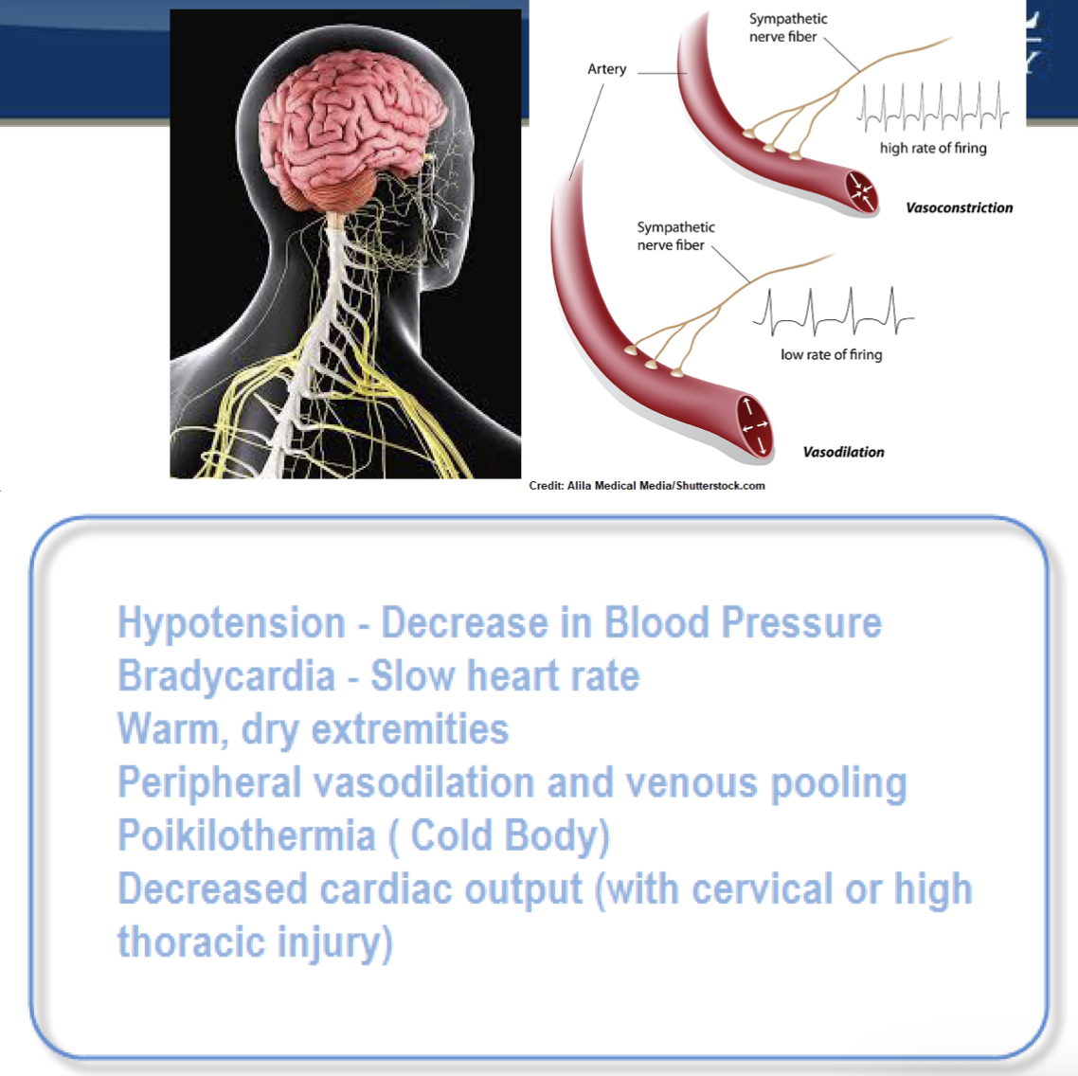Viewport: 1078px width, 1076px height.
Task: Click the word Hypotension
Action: pyautogui.click(x=231, y=623)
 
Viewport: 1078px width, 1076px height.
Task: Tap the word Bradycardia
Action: pyautogui.click(x=226, y=676)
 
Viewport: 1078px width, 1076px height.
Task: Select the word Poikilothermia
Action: pyautogui.click(x=246, y=835)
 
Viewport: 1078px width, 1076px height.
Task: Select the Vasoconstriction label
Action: pyautogui.click(x=959, y=207)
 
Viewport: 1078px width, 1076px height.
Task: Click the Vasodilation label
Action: pyautogui.click(x=843, y=452)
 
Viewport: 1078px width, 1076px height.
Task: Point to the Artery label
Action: pyautogui.click(x=606, y=69)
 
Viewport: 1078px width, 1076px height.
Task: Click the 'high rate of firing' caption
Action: pyautogui.click(x=933, y=148)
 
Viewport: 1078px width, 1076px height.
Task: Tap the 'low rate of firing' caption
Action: pyautogui.click(x=831, y=354)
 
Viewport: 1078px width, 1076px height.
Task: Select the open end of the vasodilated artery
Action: pyautogui.click(x=755, y=426)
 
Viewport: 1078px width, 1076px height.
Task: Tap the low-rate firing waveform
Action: pyautogui.click(x=833, y=313)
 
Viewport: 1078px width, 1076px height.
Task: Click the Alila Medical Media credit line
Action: pyautogui.click(x=647, y=486)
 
